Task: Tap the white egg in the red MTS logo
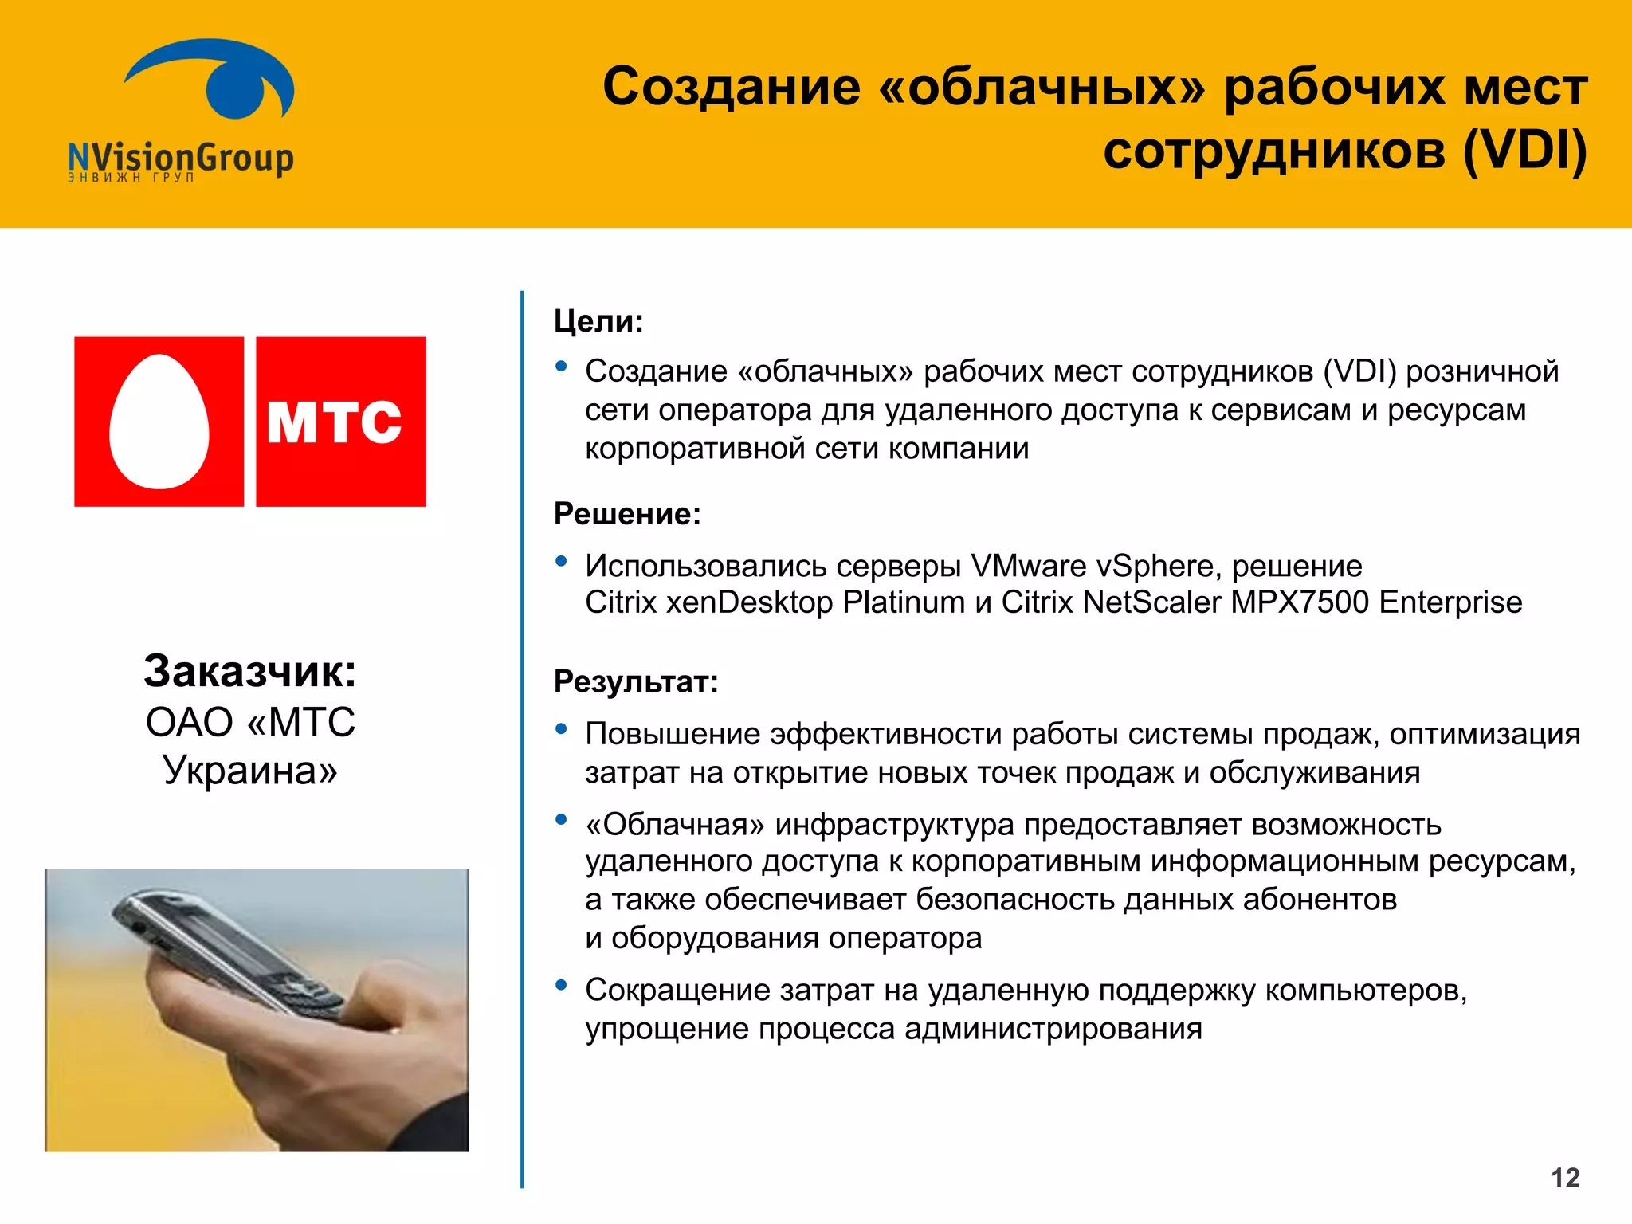[x=159, y=422]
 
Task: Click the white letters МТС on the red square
[x=335, y=422]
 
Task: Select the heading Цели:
[x=598, y=321]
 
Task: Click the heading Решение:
[x=627, y=514]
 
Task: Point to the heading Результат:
[x=636, y=682]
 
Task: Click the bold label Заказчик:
[x=250, y=671]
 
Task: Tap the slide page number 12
[x=1565, y=1178]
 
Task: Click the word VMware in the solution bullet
[x=1029, y=566]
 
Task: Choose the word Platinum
[x=904, y=602]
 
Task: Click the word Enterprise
[x=1450, y=602]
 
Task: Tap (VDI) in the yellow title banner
[x=1524, y=151]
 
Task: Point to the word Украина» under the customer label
[x=250, y=770]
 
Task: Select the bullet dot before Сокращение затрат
[x=562, y=985]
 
